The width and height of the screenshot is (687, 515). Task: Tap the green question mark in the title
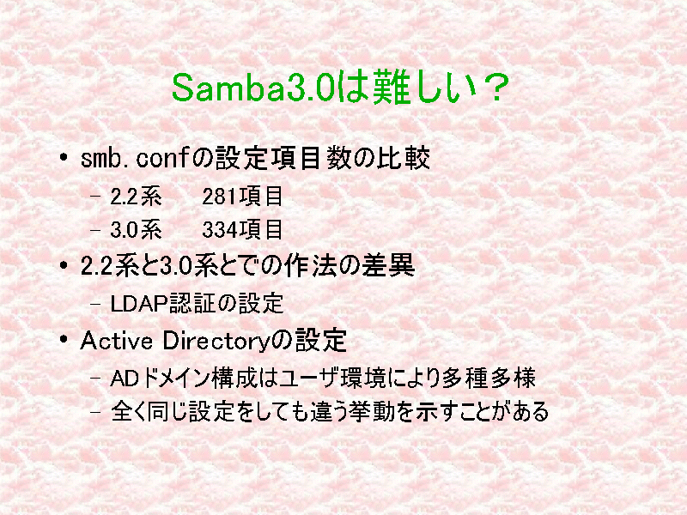click(x=494, y=88)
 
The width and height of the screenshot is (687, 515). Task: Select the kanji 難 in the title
click(x=392, y=88)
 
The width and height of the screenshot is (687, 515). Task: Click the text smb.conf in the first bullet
click(x=135, y=158)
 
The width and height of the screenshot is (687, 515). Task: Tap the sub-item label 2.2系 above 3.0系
click(x=136, y=197)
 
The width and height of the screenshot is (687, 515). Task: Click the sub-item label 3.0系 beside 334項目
click(x=136, y=230)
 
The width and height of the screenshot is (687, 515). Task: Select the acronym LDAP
click(x=139, y=304)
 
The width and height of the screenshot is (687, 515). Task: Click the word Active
click(x=117, y=341)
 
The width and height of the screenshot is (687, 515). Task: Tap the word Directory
click(x=215, y=342)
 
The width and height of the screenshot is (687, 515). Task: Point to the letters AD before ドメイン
click(x=125, y=379)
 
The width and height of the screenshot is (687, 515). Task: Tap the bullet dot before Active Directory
click(x=64, y=339)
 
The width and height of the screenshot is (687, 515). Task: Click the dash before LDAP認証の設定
click(x=95, y=304)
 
